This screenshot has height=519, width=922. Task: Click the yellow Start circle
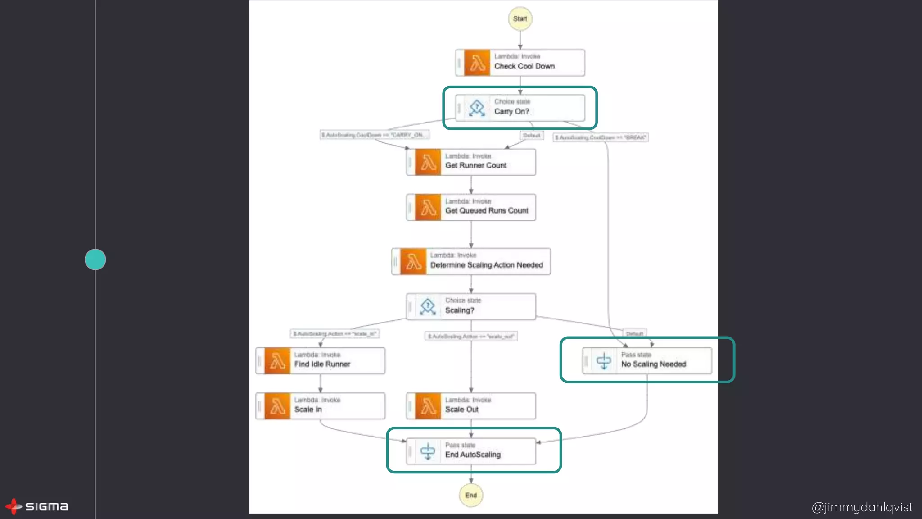tap(520, 18)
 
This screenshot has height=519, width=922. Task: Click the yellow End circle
tap(471, 495)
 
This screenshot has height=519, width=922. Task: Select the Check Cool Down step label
tap(524, 66)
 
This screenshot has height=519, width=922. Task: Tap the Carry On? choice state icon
tap(477, 108)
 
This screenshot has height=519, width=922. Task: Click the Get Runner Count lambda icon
tap(428, 162)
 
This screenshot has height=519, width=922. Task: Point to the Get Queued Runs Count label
tap(487, 211)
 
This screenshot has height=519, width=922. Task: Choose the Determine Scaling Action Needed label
tap(487, 265)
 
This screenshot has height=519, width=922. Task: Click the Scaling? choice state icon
tap(428, 307)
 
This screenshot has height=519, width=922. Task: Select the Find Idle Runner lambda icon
tap(277, 361)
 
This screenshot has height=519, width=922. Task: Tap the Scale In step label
tap(308, 410)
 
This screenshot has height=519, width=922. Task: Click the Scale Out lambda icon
tap(428, 406)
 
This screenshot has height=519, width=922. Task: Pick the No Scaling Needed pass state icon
tap(604, 361)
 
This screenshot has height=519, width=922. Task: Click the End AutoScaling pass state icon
tap(428, 451)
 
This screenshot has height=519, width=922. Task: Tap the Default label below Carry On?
tap(532, 136)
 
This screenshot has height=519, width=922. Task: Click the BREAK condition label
tap(601, 137)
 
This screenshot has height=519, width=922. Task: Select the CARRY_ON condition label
tap(375, 135)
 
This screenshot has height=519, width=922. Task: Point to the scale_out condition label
tap(471, 337)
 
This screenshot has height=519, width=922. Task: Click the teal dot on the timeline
tap(95, 259)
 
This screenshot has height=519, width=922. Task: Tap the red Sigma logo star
tap(14, 506)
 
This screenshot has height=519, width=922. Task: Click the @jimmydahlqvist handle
tap(862, 507)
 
